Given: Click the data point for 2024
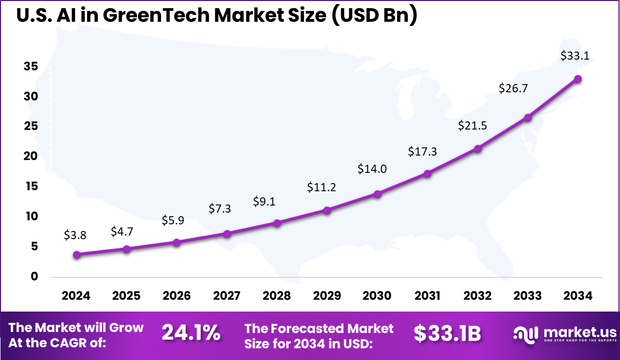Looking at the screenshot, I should pos(76,254).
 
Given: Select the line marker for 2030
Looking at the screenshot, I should pos(377,194).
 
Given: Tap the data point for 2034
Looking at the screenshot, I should pos(578,79).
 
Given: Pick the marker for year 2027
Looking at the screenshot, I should pos(227,234).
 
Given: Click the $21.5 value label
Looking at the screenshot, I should pos(472,125).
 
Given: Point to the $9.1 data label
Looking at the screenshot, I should pos(264,201).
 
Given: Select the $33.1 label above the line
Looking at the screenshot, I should pos(575,56).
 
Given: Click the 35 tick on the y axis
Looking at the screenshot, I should pos(31,67).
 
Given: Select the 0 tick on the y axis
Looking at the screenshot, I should pos(34,276).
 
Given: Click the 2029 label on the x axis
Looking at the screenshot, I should pos(327,296).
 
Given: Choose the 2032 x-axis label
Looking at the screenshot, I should pos(478,296).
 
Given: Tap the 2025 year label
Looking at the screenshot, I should pos(126,296).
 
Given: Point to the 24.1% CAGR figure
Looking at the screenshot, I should pos(191,333).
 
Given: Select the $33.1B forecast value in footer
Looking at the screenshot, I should pos(447,333).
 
